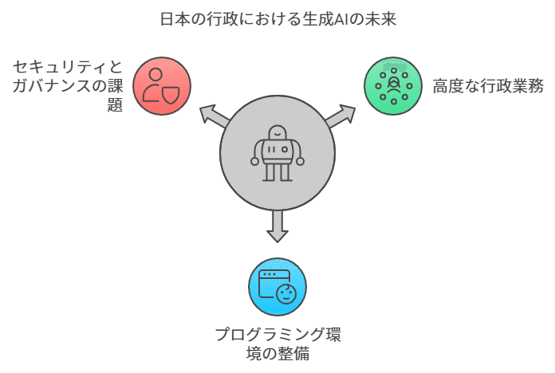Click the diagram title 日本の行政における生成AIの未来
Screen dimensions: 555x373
click(x=277, y=19)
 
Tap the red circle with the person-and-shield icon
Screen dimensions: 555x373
click(x=162, y=86)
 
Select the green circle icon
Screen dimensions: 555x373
click(x=393, y=86)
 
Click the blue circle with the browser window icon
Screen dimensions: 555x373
click(x=277, y=287)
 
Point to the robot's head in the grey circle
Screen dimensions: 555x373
click(x=277, y=132)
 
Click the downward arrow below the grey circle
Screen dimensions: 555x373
click(x=277, y=226)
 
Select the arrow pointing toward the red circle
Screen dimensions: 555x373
click(x=215, y=116)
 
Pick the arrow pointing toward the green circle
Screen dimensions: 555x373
click(x=340, y=116)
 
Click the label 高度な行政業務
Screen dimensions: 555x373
click(x=488, y=86)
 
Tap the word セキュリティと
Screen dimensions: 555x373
click(x=68, y=67)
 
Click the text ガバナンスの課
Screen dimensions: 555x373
click(x=68, y=86)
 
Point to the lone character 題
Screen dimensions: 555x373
click(x=115, y=104)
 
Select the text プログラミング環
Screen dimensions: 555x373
click(x=277, y=335)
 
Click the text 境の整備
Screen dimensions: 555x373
click(x=277, y=354)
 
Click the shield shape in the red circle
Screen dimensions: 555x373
click(x=171, y=95)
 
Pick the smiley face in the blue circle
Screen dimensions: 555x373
click(x=286, y=294)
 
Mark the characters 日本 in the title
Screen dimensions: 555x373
click(x=175, y=19)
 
